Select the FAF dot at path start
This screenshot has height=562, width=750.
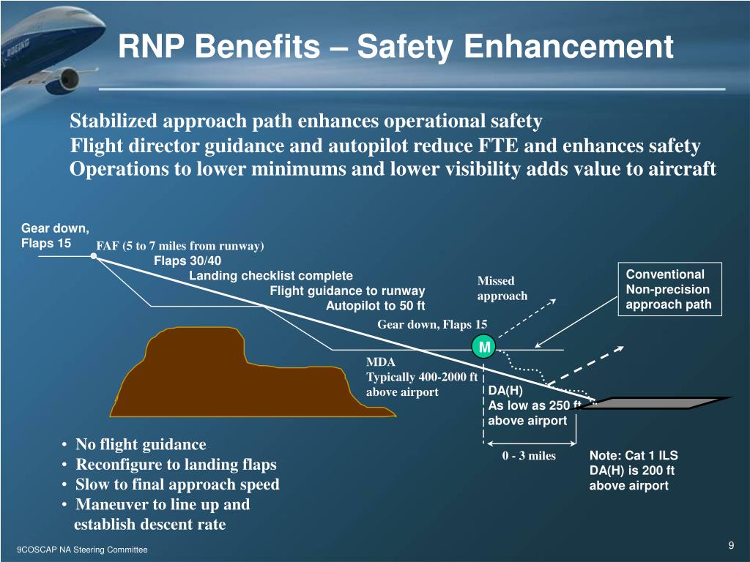point(94,257)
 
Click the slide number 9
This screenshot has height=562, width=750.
point(731,546)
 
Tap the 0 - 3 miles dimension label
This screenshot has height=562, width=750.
point(529,456)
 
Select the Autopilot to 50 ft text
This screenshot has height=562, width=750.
point(375,306)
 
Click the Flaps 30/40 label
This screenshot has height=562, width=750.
point(187,261)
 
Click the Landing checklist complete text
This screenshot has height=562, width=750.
point(271,276)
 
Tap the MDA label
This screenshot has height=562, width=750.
point(380,362)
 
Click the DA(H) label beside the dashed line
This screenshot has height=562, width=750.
point(505,390)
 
